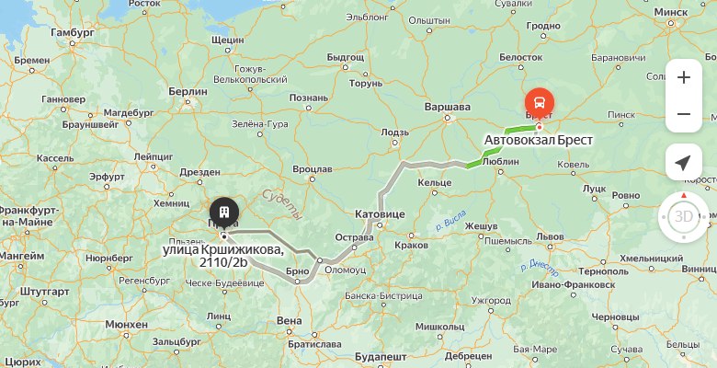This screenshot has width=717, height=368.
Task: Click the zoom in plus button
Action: [x=683, y=77]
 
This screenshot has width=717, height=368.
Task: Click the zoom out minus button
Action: [x=683, y=114]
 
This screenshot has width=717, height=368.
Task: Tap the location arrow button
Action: [x=683, y=163]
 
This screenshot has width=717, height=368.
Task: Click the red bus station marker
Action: [x=539, y=103]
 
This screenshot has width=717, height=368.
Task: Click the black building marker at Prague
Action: [x=223, y=210]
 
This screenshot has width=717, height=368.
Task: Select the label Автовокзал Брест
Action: [x=539, y=141]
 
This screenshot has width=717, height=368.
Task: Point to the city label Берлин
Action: [x=188, y=92]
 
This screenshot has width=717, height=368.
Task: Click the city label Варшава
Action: [x=448, y=107]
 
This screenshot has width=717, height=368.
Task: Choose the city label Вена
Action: [x=289, y=320]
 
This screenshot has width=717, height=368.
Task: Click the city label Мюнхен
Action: [x=126, y=325]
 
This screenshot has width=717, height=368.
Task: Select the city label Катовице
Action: [x=380, y=213]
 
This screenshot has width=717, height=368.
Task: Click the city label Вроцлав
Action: [x=313, y=169]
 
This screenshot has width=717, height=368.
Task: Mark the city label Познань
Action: [x=308, y=98]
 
